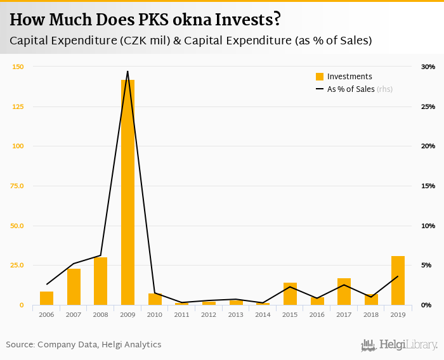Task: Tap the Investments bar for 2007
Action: pos(74,287)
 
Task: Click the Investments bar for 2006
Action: pos(46,299)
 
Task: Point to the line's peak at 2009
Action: pos(127,72)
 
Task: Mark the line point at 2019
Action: pos(398,276)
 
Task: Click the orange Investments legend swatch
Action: pos(320,77)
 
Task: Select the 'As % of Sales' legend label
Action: pos(350,89)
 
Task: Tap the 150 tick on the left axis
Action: pos(18,67)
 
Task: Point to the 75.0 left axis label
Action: pos(16,186)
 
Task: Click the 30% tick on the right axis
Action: pos(428,67)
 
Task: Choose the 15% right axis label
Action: pos(428,186)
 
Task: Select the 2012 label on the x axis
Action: pos(209,314)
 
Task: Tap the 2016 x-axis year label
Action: pos(317,314)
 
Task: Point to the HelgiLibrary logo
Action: pos(399,345)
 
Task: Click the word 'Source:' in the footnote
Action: pos(20,345)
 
